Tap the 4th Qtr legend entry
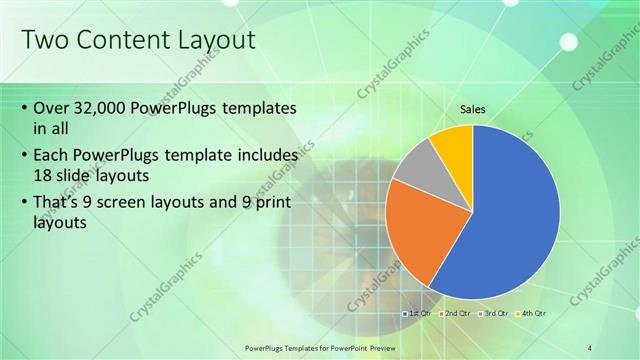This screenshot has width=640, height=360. click(533, 313)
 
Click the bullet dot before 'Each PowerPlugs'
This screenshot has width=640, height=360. click(24, 156)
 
